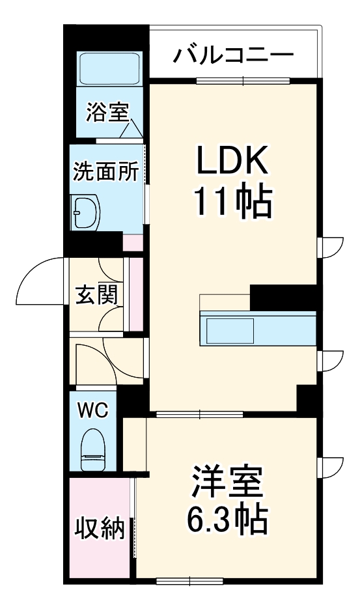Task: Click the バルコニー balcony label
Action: tap(232, 53)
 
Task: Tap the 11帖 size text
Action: tap(232, 203)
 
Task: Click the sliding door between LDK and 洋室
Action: tap(199, 414)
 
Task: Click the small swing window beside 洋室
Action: tap(331, 467)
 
